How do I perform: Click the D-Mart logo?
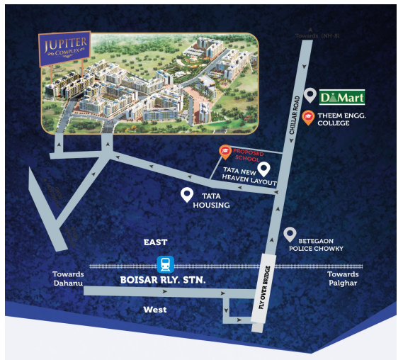click(x=343, y=97)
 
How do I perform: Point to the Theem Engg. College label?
click(x=344, y=118)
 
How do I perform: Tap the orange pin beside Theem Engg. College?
click(x=308, y=118)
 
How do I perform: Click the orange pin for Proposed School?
click(x=225, y=151)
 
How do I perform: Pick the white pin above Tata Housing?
click(x=187, y=193)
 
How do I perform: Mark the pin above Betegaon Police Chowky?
click(x=289, y=234)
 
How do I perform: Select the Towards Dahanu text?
click(x=68, y=279)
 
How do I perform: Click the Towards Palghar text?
click(x=343, y=279)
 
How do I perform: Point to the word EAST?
click(x=155, y=242)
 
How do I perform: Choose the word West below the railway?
click(x=155, y=309)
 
